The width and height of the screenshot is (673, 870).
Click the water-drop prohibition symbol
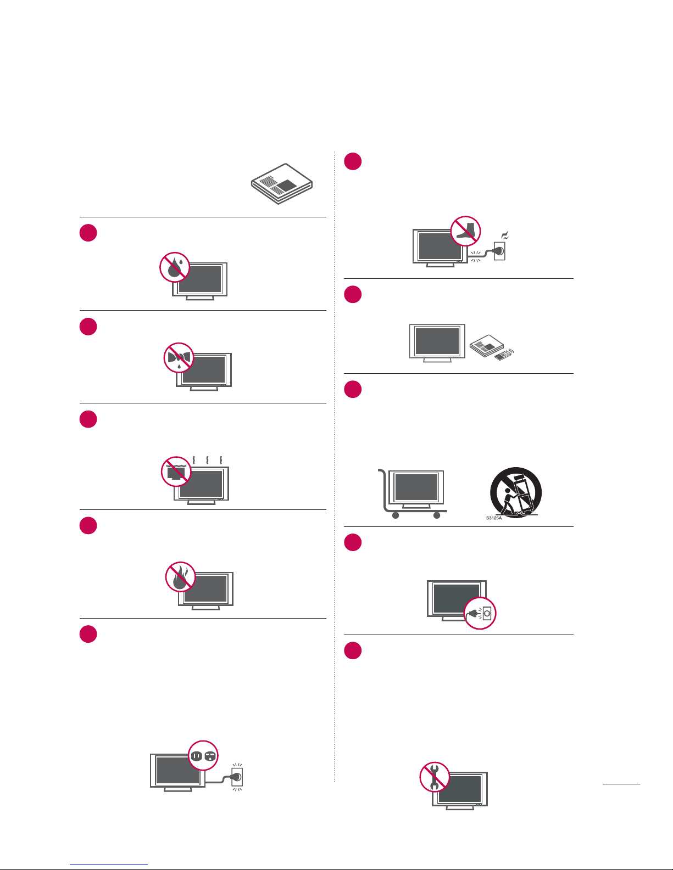pos(175,267)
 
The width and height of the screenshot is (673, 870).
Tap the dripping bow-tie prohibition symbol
pos(179,357)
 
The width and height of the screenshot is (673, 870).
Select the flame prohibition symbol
pos(181,577)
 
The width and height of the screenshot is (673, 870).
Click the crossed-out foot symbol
pos(465,231)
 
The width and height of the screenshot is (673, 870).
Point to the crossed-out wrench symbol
pos(435,777)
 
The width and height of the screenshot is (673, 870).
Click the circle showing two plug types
pos(203,755)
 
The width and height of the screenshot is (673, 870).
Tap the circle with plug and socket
pos(480,613)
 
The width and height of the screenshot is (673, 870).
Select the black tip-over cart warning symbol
pos(516,492)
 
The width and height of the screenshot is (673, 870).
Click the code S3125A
pos(494,518)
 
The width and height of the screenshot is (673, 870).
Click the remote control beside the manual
pos(504,355)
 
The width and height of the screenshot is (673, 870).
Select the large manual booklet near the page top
pos(282,184)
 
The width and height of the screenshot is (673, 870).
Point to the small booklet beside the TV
pos(486,346)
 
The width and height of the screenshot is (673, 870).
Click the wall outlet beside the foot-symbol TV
pos(499,251)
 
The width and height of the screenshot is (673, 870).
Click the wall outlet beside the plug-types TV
pos(237,777)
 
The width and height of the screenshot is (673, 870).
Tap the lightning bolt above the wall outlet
pos(505,235)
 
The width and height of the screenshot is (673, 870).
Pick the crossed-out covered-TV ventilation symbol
pos(176,472)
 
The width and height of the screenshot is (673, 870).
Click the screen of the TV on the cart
pos(416,487)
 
